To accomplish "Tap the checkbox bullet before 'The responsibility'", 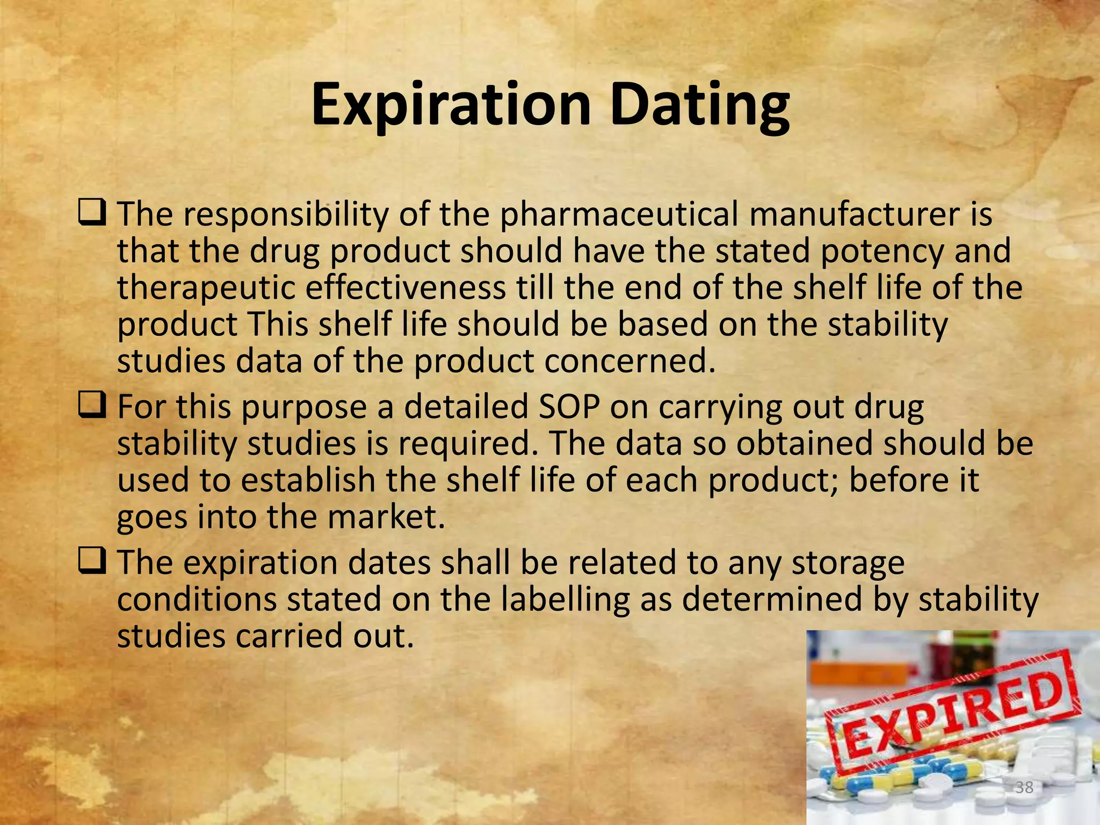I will click(x=92, y=213).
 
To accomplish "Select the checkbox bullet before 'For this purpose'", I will click(x=92, y=406).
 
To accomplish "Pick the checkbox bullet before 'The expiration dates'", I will click(x=92, y=562).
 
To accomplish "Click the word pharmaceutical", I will click(x=619, y=214).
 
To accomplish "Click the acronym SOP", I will click(x=569, y=407).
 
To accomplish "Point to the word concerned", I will click(x=629, y=361).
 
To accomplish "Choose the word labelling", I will click(x=565, y=599).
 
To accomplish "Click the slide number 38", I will click(x=1024, y=787).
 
